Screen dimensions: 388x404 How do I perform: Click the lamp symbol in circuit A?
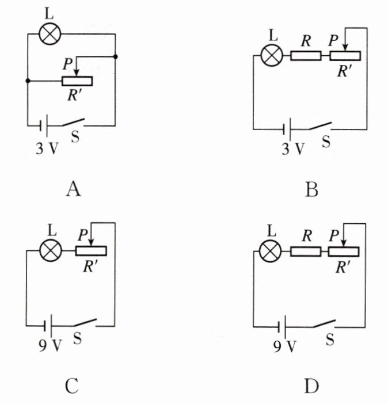click(50, 34)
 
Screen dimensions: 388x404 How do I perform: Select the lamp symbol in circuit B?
click(272, 55)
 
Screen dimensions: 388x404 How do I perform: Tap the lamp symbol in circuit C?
click(51, 251)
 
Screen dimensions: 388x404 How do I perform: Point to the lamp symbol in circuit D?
click(270, 251)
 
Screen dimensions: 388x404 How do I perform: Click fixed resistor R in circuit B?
click(306, 56)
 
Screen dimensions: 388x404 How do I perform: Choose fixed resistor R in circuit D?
click(306, 251)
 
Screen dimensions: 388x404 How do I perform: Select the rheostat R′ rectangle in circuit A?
click(77, 81)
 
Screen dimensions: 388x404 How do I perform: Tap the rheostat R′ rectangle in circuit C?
click(91, 251)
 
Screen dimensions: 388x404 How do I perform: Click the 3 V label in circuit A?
click(47, 148)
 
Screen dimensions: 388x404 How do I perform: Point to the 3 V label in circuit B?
click(293, 149)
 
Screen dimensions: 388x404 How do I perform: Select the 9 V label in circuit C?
click(50, 345)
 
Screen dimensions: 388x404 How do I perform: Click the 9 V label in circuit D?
click(284, 346)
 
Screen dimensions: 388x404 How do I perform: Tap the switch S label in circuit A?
click(75, 137)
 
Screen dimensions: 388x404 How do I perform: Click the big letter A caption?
click(74, 189)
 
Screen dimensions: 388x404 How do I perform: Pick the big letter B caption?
click(311, 189)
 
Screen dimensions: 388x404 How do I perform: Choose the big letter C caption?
click(72, 386)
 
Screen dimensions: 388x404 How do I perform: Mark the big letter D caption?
click(311, 386)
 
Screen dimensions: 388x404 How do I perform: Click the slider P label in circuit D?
click(334, 235)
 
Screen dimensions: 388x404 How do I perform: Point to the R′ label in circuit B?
click(344, 71)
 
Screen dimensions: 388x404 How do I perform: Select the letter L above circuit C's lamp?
click(52, 230)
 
